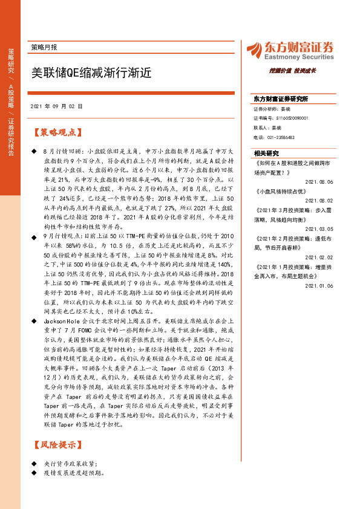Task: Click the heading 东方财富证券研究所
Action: (x=281, y=99)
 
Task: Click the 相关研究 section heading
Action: (x=267, y=154)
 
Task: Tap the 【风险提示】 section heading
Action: (x=54, y=446)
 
